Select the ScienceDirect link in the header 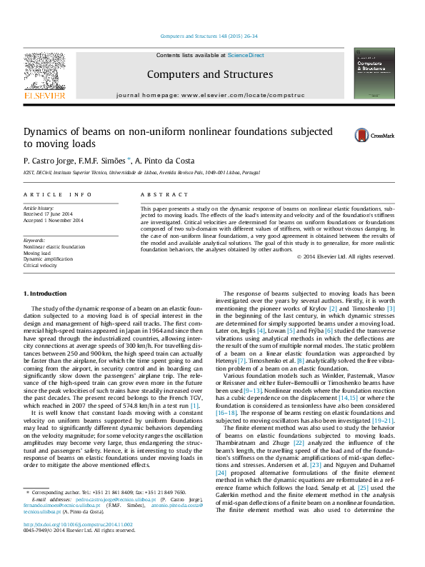(246, 55)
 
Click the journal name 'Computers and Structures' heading (209, 74)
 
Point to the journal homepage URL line (209, 94)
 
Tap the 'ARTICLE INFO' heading (57, 194)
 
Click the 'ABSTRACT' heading (154, 194)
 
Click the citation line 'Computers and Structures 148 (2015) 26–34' (209, 36)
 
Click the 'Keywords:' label (35, 240)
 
